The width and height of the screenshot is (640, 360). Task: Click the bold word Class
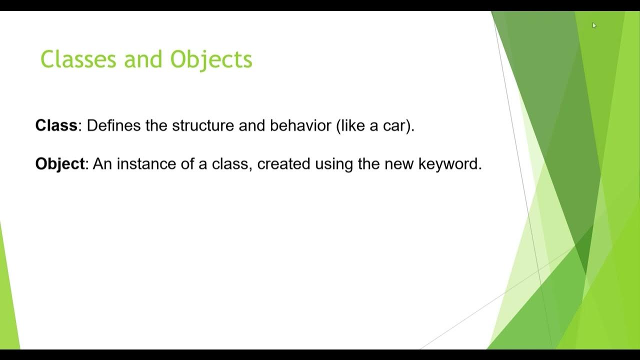click(x=56, y=125)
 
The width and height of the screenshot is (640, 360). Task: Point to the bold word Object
click(x=59, y=163)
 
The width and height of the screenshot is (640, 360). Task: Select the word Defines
click(x=114, y=125)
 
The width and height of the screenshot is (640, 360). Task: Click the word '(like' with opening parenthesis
click(x=351, y=125)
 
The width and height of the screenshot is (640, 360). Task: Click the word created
click(x=284, y=163)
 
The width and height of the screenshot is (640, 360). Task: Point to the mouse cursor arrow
click(x=594, y=25)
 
